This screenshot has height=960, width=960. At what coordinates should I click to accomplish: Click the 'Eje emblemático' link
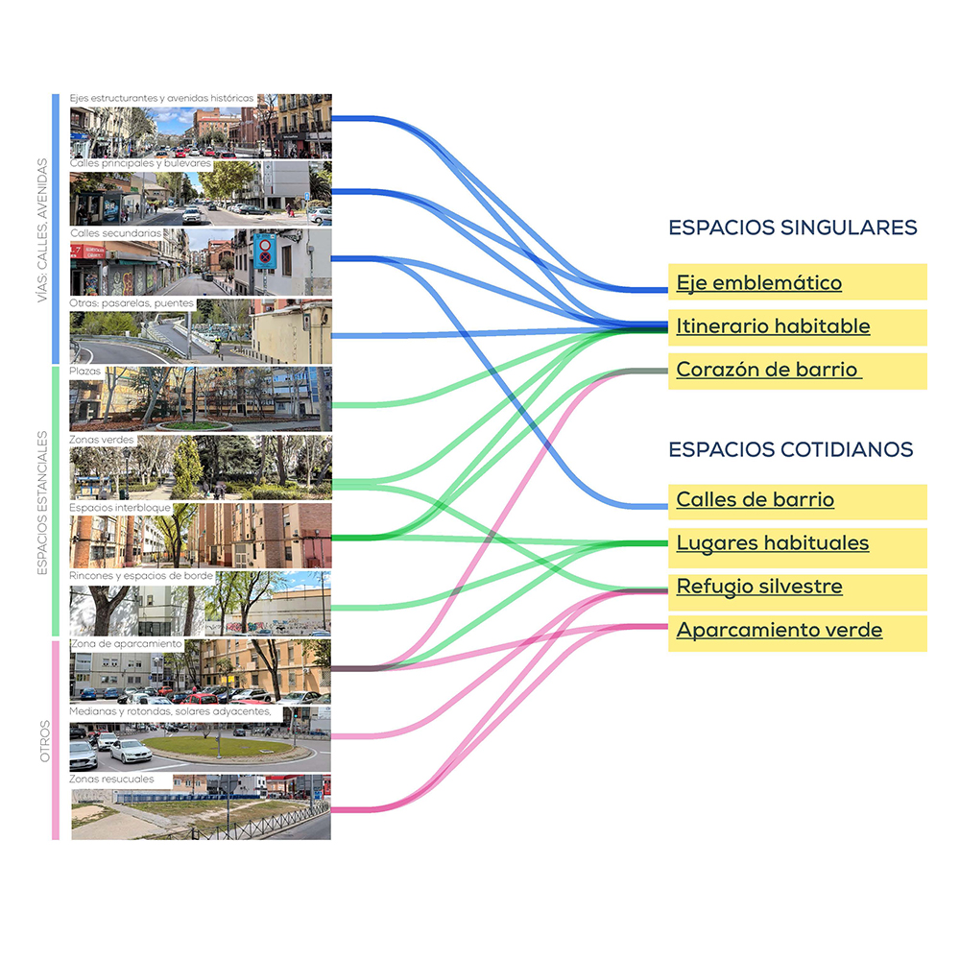pyautogui.click(x=758, y=283)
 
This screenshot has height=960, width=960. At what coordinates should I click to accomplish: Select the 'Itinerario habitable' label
pyautogui.click(x=773, y=326)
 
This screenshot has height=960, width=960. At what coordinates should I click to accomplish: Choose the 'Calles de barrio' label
pyautogui.click(x=755, y=500)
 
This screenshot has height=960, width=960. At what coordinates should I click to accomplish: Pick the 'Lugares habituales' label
pyautogui.click(x=772, y=543)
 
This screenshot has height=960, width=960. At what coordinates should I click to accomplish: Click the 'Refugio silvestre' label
pyautogui.click(x=758, y=587)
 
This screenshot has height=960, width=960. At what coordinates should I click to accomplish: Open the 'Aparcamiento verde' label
pyautogui.click(x=779, y=631)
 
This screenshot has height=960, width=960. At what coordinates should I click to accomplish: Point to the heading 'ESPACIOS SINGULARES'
pyautogui.click(x=793, y=228)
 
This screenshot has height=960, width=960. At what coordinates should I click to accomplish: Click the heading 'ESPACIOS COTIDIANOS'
pyautogui.click(x=790, y=449)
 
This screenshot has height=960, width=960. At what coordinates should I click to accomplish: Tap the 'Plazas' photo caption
pyautogui.click(x=85, y=370)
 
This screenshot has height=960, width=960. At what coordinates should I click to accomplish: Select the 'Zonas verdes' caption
pyautogui.click(x=101, y=439)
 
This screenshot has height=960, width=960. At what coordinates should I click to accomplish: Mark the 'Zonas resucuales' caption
pyautogui.click(x=111, y=780)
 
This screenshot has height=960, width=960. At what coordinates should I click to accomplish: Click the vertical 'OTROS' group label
pyautogui.click(x=44, y=740)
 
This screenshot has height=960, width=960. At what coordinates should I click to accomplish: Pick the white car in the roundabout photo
pyautogui.click(x=131, y=751)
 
